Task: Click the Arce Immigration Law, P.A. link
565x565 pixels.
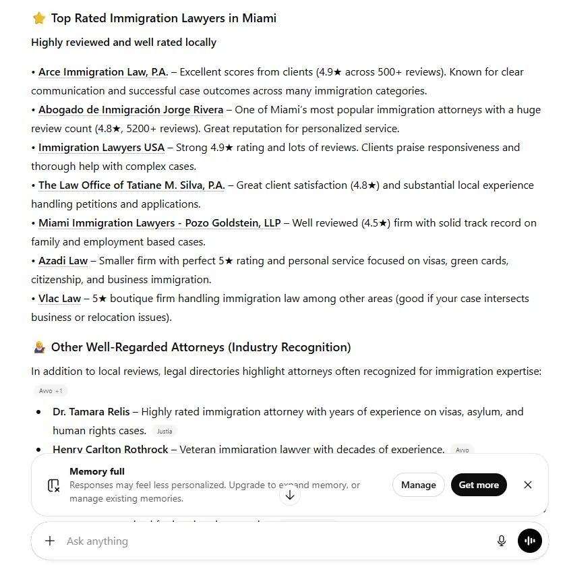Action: point(103,72)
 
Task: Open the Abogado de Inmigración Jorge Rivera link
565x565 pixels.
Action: point(131,110)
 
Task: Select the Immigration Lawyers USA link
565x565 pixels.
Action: point(101,148)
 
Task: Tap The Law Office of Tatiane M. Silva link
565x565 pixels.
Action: point(131,185)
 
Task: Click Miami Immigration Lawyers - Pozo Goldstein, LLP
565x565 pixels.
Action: point(159,223)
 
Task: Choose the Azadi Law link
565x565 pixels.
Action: point(63,261)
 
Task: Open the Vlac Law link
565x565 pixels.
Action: point(59,299)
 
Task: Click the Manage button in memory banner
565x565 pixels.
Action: point(418,485)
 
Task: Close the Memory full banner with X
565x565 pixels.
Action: point(528,485)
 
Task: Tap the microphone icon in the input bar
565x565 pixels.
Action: point(502,541)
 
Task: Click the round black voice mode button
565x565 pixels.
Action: point(530,541)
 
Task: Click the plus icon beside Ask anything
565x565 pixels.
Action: point(50,541)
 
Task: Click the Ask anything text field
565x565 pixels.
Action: point(270,541)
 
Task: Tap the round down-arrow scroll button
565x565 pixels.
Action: point(290,495)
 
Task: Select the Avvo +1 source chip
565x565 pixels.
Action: point(51,391)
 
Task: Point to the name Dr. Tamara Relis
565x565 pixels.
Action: point(91,412)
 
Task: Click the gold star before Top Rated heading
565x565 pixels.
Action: point(39,18)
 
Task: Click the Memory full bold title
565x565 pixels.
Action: point(97,471)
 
